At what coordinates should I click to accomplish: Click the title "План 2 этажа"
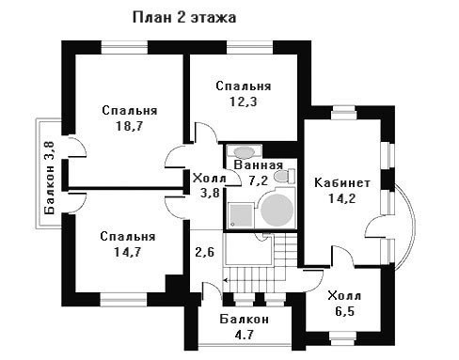coord(184,17)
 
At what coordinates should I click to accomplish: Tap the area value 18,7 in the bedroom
coord(129,126)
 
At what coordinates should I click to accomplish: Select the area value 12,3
coord(244,102)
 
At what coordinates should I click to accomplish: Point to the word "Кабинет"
coord(342,182)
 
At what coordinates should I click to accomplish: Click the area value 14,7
coord(128,252)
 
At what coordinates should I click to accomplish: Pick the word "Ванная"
coord(259,165)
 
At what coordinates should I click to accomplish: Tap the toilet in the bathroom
coord(284,176)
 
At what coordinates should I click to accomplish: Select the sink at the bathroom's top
coord(244,151)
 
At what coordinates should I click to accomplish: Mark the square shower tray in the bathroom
coord(241,215)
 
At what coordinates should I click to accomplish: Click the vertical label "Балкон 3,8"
coord(50,178)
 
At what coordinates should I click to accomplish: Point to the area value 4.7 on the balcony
coord(244,336)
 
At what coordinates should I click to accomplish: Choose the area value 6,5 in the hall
coord(344,311)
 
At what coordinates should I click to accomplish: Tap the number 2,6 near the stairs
coord(205,252)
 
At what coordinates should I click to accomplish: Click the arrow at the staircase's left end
coord(226,280)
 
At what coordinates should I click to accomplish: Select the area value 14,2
coord(342,198)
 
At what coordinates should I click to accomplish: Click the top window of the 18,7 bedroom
coord(124,48)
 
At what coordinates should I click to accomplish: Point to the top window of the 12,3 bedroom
coord(250,48)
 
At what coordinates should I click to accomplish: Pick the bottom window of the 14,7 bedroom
coord(123,300)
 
